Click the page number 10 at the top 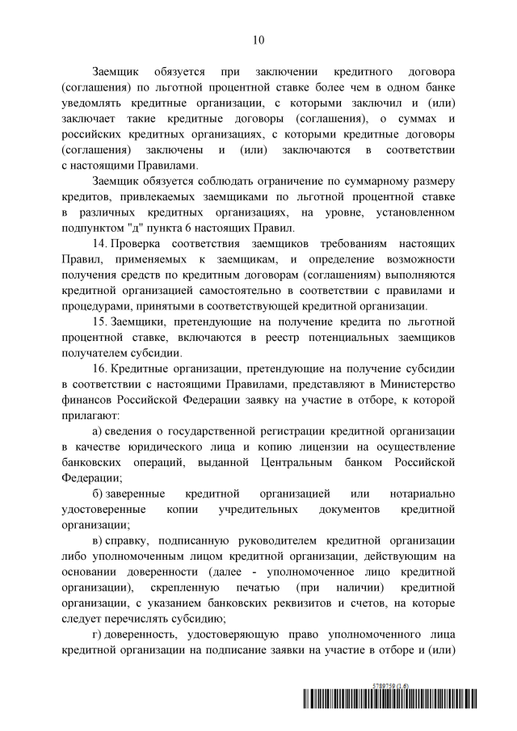click(258, 39)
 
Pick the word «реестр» click(306, 334)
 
